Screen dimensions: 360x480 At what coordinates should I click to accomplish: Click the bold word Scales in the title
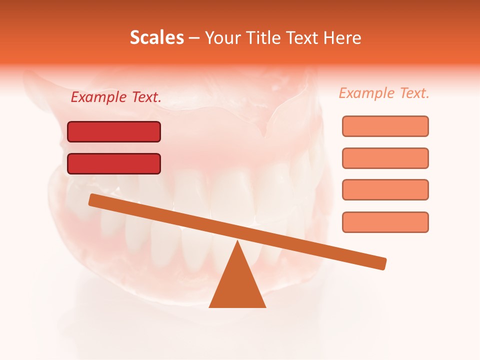click(x=156, y=38)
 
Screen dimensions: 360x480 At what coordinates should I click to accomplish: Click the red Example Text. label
click(x=116, y=97)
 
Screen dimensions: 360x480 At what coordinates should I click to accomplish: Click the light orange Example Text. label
click(x=384, y=93)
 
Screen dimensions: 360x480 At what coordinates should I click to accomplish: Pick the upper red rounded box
click(x=114, y=131)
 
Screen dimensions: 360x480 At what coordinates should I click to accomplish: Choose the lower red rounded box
click(x=114, y=163)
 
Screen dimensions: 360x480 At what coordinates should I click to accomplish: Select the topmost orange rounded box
click(x=385, y=126)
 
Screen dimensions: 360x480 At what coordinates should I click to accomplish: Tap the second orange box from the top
click(x=385, y=158)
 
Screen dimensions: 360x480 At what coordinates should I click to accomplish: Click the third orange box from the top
click(x=385, y=189)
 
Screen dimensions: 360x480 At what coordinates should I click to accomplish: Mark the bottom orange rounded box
click(x=385, y=222)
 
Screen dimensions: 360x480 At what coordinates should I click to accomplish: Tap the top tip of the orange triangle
click(x=237, y=242)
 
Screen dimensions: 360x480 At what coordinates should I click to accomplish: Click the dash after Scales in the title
click(x=194, y=38)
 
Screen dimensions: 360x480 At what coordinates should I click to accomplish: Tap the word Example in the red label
click(x=99, y=97)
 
